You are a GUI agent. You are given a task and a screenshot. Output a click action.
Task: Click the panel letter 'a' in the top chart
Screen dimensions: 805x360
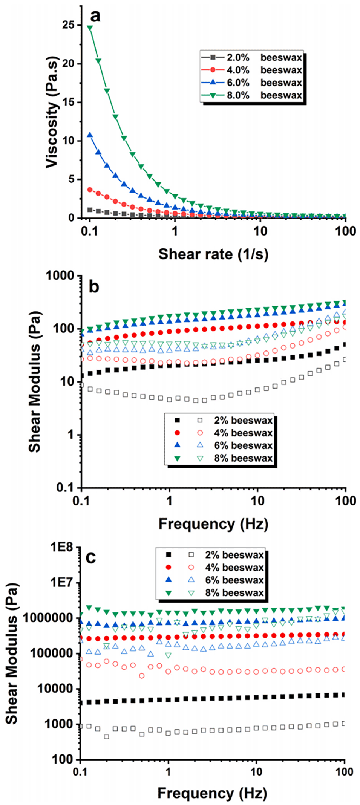pos(95,16)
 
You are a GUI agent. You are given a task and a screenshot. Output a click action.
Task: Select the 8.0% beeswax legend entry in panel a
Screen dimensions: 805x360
pos(264,95)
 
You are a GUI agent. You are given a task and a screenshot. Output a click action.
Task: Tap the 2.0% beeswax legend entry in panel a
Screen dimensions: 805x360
pos(264,57)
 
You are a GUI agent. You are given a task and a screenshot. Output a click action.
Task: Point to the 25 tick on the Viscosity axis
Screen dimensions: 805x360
pos(69,25)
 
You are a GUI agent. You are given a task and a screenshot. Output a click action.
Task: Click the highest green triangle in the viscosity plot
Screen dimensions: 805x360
pos(90,28)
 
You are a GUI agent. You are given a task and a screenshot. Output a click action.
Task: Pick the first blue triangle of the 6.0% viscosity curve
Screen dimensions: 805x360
pos(90,135)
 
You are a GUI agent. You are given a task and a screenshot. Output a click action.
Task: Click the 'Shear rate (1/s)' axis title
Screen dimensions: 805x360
pos(213,254)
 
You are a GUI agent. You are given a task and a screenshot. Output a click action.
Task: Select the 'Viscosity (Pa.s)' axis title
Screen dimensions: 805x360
pos(52,112)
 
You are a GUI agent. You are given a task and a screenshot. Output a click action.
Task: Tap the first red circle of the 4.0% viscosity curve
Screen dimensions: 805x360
pos(90,190)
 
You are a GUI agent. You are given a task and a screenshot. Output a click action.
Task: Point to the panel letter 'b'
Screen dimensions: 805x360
pos(94,287)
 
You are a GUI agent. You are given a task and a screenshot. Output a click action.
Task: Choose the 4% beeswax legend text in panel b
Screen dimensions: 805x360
pos(243,433)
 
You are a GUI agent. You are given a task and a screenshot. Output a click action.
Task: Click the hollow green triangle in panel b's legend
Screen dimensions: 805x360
pos(200,458)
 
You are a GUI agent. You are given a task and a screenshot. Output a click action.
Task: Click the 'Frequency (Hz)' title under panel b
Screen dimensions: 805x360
pos(213,524)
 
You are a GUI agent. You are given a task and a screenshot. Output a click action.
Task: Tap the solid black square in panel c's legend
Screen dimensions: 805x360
pos(169,555)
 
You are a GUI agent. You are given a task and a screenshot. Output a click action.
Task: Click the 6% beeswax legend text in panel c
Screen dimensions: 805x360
pos(234,580)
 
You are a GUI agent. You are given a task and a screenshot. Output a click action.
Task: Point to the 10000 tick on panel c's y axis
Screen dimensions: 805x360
pos(58,689)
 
